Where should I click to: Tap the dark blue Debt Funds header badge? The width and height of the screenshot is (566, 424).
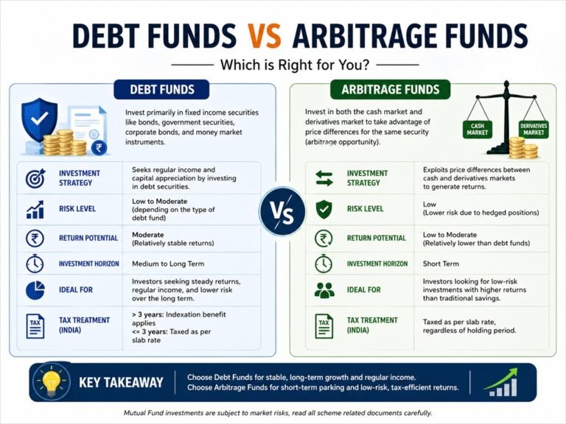click(x=161, y=90)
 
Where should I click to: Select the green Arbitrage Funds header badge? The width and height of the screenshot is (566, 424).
click(x=391, y=91)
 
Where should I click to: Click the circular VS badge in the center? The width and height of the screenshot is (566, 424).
click(x=282, y=212)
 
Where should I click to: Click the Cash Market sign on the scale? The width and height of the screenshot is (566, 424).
click(x=477, y=130)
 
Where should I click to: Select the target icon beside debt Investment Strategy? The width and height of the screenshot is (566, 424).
click(x=35, y=178)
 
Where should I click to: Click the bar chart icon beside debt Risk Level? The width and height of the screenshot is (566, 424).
click(x=35, y=209)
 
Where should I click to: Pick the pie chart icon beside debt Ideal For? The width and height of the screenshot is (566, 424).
click(x=35, y=290)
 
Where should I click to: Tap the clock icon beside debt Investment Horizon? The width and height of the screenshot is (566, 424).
click(x=35, y=264)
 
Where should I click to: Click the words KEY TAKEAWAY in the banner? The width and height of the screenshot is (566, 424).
click(x=120, y=383)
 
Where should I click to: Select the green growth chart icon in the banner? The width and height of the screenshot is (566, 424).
click(x=502, y=381)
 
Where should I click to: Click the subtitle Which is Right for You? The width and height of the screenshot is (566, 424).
click(x=282, y=64)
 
